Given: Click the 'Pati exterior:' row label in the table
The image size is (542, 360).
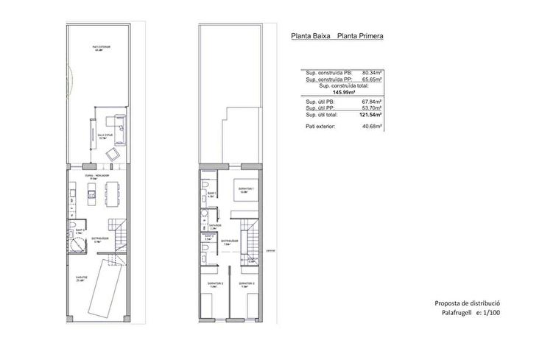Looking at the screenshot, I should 320,127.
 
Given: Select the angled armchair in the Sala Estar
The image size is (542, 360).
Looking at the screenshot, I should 114,154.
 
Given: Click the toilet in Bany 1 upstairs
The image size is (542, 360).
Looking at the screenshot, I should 206,185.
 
